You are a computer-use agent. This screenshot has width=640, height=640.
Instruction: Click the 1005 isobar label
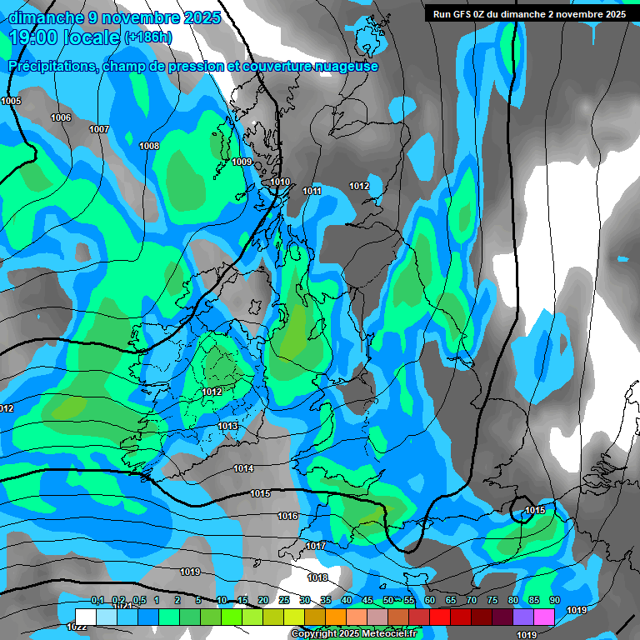point(12,101)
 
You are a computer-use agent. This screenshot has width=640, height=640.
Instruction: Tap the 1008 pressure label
point(149,146)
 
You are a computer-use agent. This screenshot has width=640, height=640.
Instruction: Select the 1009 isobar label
point(242,162)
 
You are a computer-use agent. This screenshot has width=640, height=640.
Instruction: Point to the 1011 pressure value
point(312,191)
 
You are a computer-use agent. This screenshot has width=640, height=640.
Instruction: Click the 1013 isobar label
point(227,426)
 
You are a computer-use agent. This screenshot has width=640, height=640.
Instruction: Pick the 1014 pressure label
point(243,468)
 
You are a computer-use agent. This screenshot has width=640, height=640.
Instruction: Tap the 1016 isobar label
point(287,516)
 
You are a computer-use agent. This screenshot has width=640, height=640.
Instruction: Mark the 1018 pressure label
point(317,577)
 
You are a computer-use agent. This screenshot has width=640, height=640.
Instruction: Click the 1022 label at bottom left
point(77,627)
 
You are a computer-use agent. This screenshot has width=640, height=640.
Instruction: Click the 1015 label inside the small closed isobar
point(535,510)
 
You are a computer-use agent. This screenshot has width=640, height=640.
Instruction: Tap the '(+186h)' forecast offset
point(148,37)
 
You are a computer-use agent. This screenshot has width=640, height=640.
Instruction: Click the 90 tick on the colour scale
point(554,600)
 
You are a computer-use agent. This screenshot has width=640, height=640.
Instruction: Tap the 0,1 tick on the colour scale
point(97,600)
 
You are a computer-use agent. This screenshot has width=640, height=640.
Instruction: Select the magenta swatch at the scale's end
point(544,616)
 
